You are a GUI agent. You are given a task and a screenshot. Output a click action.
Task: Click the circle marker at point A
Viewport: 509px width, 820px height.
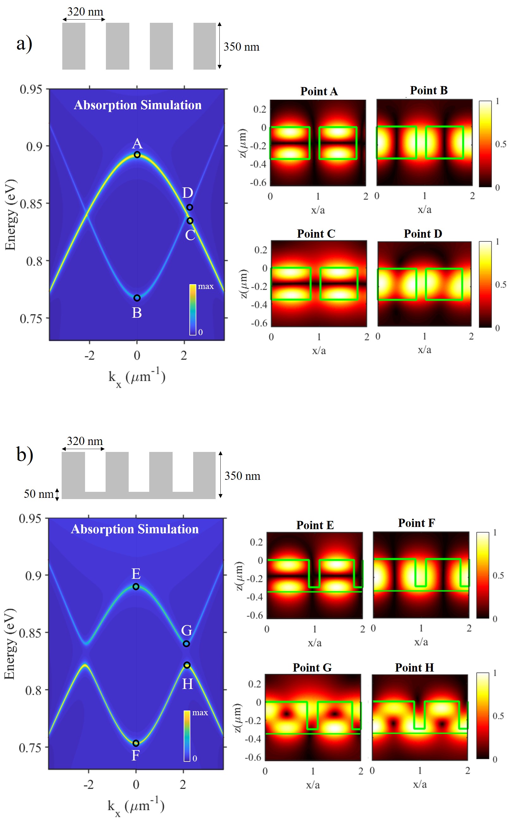pyautogui.click(x=137, y=155)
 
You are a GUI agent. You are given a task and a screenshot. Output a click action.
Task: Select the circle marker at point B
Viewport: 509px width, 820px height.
pyautogui.click(x=137, y=298)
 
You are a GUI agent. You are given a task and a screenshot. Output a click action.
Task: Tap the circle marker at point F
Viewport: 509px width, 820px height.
pyautogui.click(x=136, y=743)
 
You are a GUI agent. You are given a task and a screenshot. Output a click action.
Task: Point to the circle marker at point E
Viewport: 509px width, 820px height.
pyautogui.click(x=136, y=586)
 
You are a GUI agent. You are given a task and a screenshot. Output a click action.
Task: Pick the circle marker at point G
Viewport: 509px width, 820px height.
pyautogui.click(x=186, y=644)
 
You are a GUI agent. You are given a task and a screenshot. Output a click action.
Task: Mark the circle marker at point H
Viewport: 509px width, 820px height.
pyautogui.click(x=187, y=665)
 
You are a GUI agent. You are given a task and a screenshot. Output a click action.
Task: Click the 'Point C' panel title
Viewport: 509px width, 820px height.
pyautogui.click(x=316, y=234)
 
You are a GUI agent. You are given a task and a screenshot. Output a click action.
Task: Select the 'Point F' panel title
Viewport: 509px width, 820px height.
pyautogui.click(x=416, y=523)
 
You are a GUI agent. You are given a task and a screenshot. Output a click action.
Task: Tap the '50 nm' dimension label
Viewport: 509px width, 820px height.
pyautogui.click(x=38, y=494)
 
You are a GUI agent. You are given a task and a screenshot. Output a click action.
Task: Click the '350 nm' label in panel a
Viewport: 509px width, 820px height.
pyautogui.click(x=241, y=47)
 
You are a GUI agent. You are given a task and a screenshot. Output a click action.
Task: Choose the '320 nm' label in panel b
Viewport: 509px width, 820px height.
pyautogui.click(x=84, y=441)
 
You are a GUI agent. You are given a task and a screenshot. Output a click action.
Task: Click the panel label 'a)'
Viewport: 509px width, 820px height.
pyautogui.click(x=24, y=44)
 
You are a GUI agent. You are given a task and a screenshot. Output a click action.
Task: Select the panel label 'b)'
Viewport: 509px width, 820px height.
pyautogui.click(x=25, y=455)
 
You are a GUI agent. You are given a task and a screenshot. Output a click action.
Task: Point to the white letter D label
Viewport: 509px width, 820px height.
pyautogui.click(x=187, y=193)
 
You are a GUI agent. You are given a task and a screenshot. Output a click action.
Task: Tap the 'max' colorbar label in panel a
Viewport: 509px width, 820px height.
pyautogui.click(x=206, y=286)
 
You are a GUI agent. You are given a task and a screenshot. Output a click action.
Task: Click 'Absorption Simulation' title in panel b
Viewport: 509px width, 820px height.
pyautogui.click(x=135, y=529)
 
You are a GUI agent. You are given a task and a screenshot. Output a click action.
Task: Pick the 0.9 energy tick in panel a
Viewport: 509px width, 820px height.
pyautogui.click(x=34, y=147)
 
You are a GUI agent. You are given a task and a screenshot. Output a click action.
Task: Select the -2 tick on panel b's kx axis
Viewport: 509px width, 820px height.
pyautogui.click(x=89, y=785)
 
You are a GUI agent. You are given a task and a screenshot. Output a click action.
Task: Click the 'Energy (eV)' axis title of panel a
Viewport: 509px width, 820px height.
pyautogui.click(x=10, y=215)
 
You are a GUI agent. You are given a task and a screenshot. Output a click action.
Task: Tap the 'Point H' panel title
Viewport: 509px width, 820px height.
pyautogui.click(x=414, y=667)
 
